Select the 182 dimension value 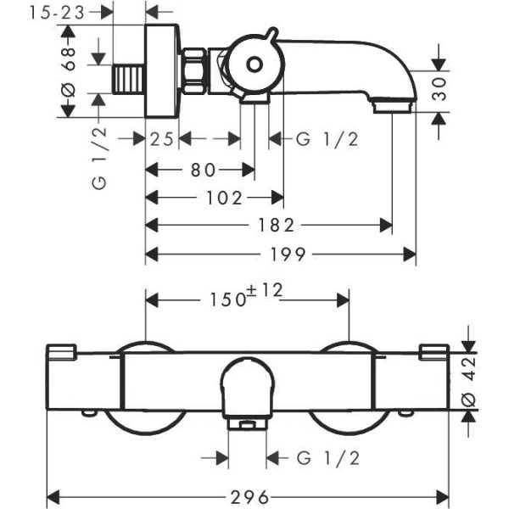(277, 226)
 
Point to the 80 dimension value (201, 170)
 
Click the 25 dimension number (162, 139)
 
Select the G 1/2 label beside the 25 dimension (328, 139)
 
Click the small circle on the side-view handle (254, 64)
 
